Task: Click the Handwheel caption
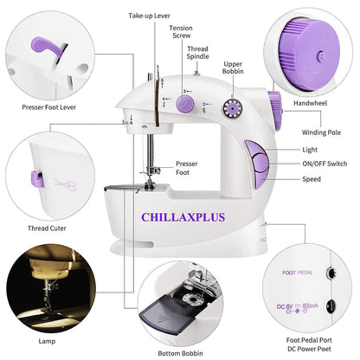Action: pyautogui.click(x=312, y=103)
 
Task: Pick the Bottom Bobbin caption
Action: pyautogui.click(x=180, y=353)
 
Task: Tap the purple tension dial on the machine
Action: pyautogui.click(x=184, y=105)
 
